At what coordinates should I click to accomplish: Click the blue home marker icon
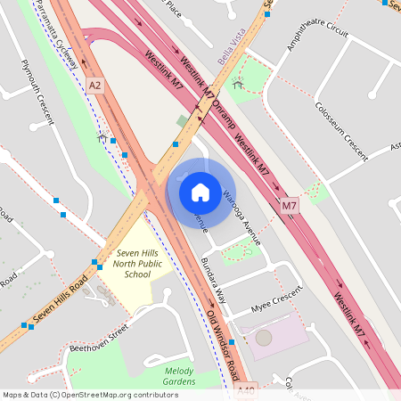point(200,192)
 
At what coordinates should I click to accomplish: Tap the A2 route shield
point(95,85)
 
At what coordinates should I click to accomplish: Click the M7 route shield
point(289,207)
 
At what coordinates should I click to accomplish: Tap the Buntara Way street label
point(213,272)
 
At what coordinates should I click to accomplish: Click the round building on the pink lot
point(263,338)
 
